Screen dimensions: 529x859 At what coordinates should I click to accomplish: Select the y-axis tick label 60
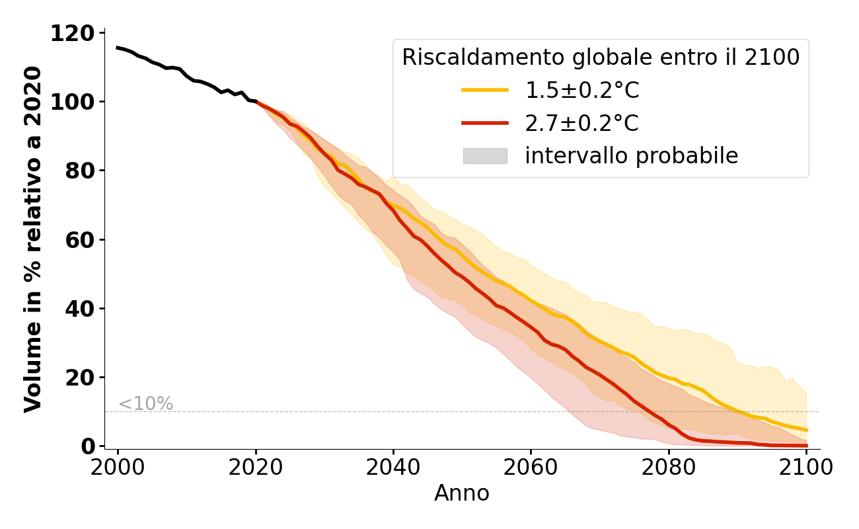coord(80,239)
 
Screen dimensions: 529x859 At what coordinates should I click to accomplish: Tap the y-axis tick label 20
coord(80,378)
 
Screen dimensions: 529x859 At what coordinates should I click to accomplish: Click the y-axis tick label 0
coord(87,446)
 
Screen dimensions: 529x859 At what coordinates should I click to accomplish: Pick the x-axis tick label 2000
coord(118,467)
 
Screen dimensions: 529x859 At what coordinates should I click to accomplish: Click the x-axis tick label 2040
coord(393,467)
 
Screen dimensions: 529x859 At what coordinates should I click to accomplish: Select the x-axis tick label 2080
coord(668,467)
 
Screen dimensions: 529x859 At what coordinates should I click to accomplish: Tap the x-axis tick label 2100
coord(806,467)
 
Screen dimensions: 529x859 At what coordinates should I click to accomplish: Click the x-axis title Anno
coord(462,493)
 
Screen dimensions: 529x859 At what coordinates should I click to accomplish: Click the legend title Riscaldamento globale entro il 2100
coord(601,58)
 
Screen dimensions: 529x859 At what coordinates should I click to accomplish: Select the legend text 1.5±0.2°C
coord(582,91)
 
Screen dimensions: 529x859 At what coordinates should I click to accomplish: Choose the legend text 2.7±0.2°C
coord(582,123)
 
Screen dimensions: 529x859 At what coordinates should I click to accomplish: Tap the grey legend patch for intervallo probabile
coord(485,156)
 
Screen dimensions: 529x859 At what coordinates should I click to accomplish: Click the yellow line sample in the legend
coord(485,90)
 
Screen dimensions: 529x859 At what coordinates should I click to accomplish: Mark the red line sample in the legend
coord(485,123)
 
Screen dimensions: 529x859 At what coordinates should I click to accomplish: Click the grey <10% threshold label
coord(145,404)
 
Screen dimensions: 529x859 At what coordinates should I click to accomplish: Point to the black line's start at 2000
coord(118,48)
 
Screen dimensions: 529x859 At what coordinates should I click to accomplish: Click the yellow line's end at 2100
coord(806,430)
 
